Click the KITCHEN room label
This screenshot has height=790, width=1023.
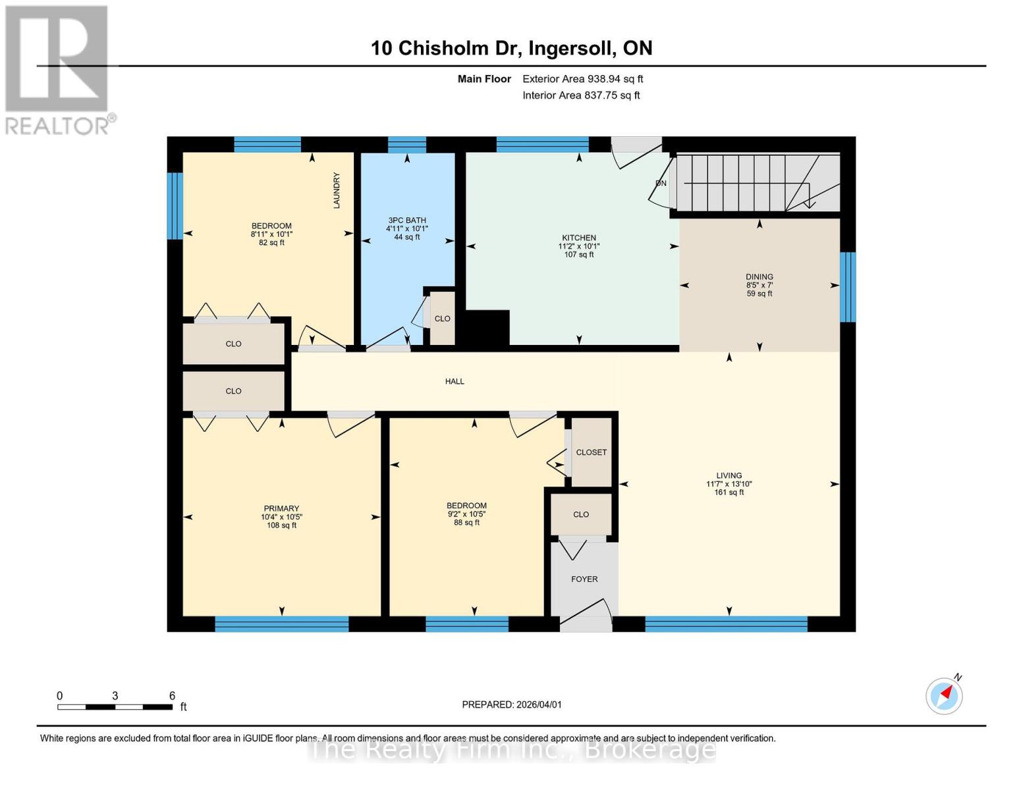click(x=578, y=238)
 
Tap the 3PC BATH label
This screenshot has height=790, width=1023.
click(x=407, y=221)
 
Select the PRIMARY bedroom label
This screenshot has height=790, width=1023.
click(x=281, y=508)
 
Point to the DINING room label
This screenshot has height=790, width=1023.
click(x=760, y=277)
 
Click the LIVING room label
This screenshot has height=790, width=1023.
click(x=729, y=475)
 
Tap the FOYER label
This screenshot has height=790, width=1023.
click(x=584, y=579)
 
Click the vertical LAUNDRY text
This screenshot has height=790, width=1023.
click(x=337, y=190)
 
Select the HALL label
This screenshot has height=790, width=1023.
click(x=455, y=381)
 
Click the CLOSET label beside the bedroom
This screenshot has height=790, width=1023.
click(x=591, y=452)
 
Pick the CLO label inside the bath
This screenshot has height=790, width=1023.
click(x=442, y=319)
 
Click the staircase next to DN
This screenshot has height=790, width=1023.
click(x=758, y=182)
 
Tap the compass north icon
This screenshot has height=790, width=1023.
click(x=944, y=695)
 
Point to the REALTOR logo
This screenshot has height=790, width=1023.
click(x=58, y=69)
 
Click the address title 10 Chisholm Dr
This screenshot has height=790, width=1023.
click(x=511, y=48)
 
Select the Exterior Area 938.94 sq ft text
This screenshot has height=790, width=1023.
click(x=582, y=79)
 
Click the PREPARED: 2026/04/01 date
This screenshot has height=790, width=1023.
click(x=512, y=704)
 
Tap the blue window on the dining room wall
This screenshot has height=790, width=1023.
click(x=848, y=287)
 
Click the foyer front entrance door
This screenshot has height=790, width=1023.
click(x=586, y=623)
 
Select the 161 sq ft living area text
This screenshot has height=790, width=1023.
click(x=729, y=492)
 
